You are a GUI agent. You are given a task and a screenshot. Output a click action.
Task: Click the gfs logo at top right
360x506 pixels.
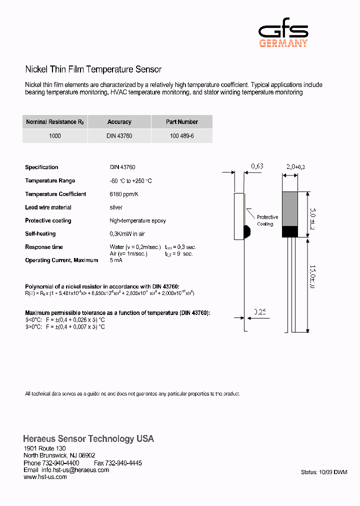[x=283, y=35]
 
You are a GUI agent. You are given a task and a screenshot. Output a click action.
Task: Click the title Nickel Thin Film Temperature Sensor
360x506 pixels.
[x=93, y=69]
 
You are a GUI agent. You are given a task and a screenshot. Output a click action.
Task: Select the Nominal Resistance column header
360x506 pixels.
[x=55, y=122]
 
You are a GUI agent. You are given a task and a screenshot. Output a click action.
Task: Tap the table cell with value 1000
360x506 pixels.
[x=55, y=136]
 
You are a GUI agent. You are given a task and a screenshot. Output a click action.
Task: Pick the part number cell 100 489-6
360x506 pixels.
[x=181, y=136]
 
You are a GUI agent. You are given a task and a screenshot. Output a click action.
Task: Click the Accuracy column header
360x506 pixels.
[x=119, y=122]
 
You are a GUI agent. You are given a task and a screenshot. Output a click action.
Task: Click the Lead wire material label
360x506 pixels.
[x=48, y=207]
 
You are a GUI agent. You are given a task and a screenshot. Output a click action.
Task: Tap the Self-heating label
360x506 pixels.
[x=40, y=234]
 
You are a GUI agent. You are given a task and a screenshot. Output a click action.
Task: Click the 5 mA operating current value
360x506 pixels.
[x=115, y=260]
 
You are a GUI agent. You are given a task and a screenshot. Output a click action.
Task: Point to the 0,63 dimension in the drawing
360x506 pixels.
[x=257, y=166]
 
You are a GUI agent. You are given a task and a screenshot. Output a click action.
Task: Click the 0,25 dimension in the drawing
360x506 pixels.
[x=259, y=312]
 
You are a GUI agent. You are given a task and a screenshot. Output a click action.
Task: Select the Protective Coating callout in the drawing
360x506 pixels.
[x=267, y=220]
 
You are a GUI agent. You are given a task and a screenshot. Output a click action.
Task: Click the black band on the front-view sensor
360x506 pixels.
[x=290, y=231]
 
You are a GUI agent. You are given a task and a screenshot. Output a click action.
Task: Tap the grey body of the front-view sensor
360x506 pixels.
[x=290, y=208]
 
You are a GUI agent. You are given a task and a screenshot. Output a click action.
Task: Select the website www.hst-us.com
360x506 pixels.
[x=45, y=477]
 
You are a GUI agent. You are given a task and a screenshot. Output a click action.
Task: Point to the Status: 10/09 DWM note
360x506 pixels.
[x=324, y=472]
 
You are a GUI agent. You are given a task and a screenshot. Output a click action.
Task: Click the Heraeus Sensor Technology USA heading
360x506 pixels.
[x=88, y=439]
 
